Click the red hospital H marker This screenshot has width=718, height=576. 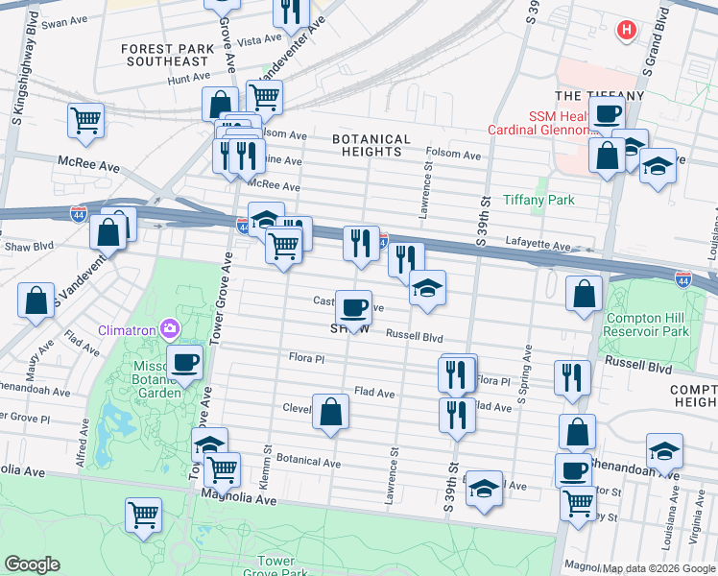click(x=627, y=31)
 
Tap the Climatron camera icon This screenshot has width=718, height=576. click(x=171, y=330)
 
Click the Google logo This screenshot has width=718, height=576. click(x=32, y=564)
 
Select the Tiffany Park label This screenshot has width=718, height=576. click(x=538, y=201)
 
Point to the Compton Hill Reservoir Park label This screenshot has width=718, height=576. click(x=649, y=324)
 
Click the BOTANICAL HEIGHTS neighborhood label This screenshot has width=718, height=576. click(x=371, y=146)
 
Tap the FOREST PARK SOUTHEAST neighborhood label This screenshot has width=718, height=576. click(x=161, y=55)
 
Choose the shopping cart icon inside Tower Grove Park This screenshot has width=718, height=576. click(x=144, y=513)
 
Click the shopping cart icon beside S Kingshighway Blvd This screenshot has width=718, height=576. click(x=85, y=121)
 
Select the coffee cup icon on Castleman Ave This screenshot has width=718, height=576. click(x=353, y=307)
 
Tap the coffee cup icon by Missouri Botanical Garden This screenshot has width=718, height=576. click(x=184, y=362)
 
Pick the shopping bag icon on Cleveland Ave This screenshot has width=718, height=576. click(x=330, y=411)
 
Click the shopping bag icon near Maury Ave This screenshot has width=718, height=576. click(x=36, y=300)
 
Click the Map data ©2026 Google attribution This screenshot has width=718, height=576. click(x=658, y=568)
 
